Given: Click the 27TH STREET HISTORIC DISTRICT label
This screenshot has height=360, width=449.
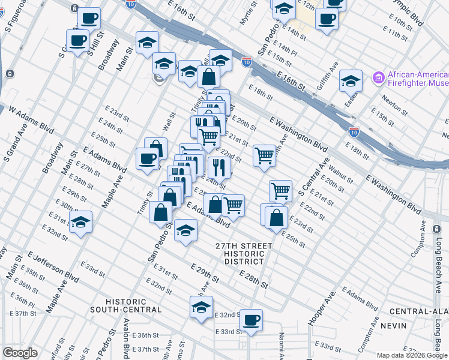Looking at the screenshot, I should coord(244,254).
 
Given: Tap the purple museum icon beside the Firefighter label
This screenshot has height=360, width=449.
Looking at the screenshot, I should coord(378,76).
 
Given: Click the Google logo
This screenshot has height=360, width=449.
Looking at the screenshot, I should coord(20,353).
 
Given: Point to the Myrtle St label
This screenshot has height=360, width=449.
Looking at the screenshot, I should coord(248,13).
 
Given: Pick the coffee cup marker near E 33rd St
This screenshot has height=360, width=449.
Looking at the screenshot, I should coord(251,320).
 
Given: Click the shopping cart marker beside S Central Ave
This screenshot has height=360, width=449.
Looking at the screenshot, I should coord(280,191).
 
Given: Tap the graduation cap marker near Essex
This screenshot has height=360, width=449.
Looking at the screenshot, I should coord(351,80).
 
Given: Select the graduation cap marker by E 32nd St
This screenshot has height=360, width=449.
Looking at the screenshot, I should coord(201,307).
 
